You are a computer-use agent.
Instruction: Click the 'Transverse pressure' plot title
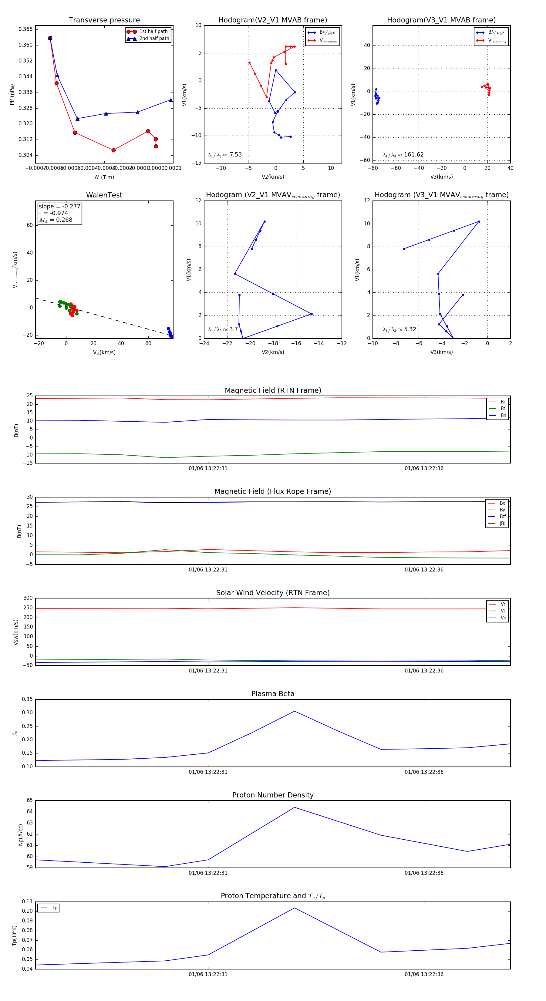click(x=104, y=20)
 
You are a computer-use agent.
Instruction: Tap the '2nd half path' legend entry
click(x=154, y=39)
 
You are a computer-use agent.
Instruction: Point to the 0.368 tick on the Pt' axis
click(x=26, y=29)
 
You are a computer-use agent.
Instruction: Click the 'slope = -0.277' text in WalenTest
click(x=59, y=206)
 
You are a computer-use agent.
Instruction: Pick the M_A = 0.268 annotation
click(x=56, y=220)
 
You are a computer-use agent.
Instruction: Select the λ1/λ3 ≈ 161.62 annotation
click(x=403, y=155)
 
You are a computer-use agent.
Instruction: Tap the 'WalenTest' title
click(x=104, y=195)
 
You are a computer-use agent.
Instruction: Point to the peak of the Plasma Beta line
click(x=295, y=711)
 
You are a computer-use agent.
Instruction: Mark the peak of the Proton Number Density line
click(x=295, y=807)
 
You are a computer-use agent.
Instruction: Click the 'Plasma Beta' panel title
click(x=273, y=694)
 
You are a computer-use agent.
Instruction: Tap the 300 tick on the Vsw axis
click(x=28, y=598)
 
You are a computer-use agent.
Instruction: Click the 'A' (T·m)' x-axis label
click(x=104, y=177)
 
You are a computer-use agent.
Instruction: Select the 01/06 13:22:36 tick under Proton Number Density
click(x=424, y=873)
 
